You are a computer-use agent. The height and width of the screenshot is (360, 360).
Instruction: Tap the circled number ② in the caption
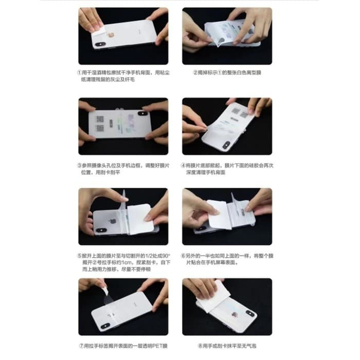point(196,73)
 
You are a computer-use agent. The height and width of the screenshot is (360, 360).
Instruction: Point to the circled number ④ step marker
point(183,166)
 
